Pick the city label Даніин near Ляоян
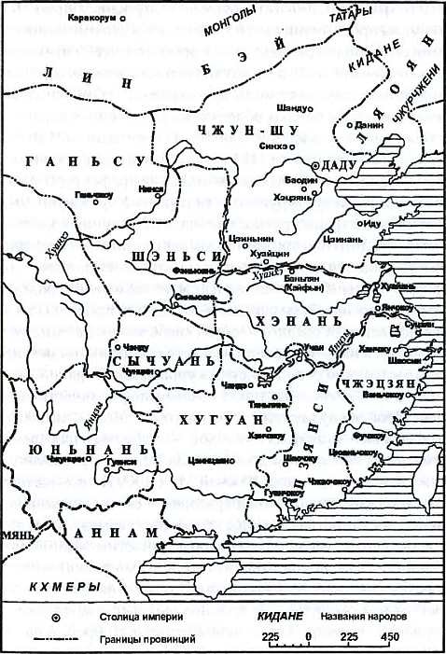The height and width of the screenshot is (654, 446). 367,123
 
